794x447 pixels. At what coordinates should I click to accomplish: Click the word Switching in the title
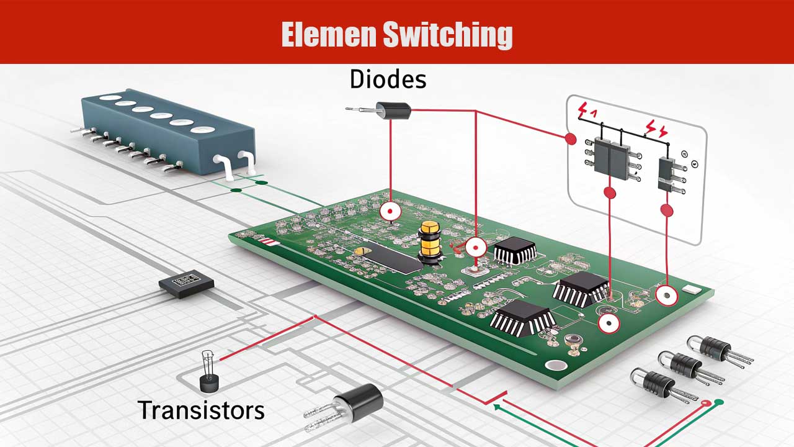tap(447, 35)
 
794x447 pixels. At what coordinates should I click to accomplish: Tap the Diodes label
tap(388, 79)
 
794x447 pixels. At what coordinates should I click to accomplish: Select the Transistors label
tap(201, 410)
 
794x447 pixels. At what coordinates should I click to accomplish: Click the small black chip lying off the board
tap(186, 284)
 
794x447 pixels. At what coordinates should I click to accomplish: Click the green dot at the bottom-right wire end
tap(718, 402)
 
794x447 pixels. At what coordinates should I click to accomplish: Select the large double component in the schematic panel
tap(611, 155)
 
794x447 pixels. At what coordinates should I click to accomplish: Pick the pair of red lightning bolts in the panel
tap(656, 129)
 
